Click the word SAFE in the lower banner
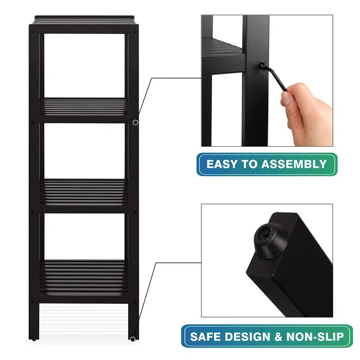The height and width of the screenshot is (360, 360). click(x=206, y=336)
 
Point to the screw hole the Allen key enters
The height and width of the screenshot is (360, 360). click(x=261, y=66)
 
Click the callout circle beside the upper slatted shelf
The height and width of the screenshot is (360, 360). click(x=135, y=122)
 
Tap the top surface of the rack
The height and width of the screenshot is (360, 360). click(x=85, y=21)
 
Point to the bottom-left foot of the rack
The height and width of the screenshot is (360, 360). click(x=35, y=335)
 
